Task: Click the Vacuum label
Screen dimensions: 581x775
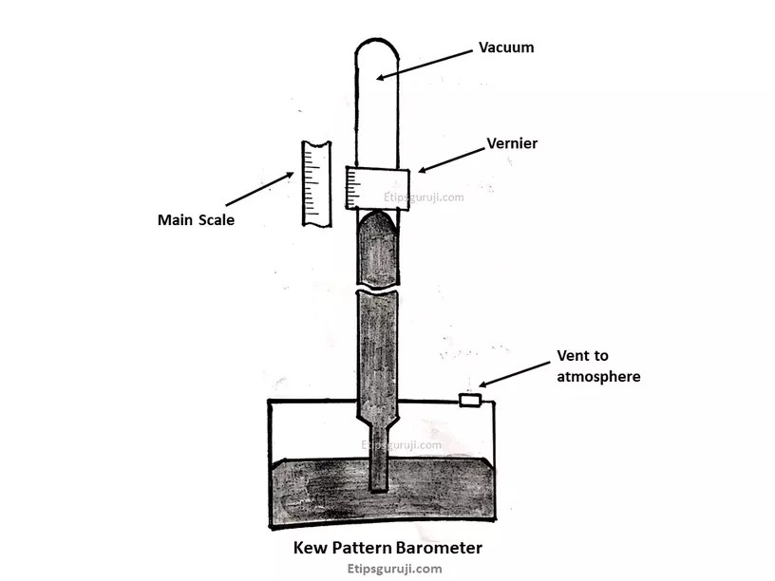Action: point(506,47)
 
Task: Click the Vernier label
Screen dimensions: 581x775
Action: point(512,143)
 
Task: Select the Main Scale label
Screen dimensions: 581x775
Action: point(197,220)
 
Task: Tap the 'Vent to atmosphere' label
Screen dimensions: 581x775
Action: point(597,367)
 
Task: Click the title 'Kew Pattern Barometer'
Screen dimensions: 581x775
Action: point(387,548)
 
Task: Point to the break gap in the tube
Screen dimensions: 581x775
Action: point(378,286)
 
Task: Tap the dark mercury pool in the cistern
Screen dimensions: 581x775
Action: point(313,489)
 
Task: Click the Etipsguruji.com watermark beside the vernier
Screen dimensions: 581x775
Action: point(424,198)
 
